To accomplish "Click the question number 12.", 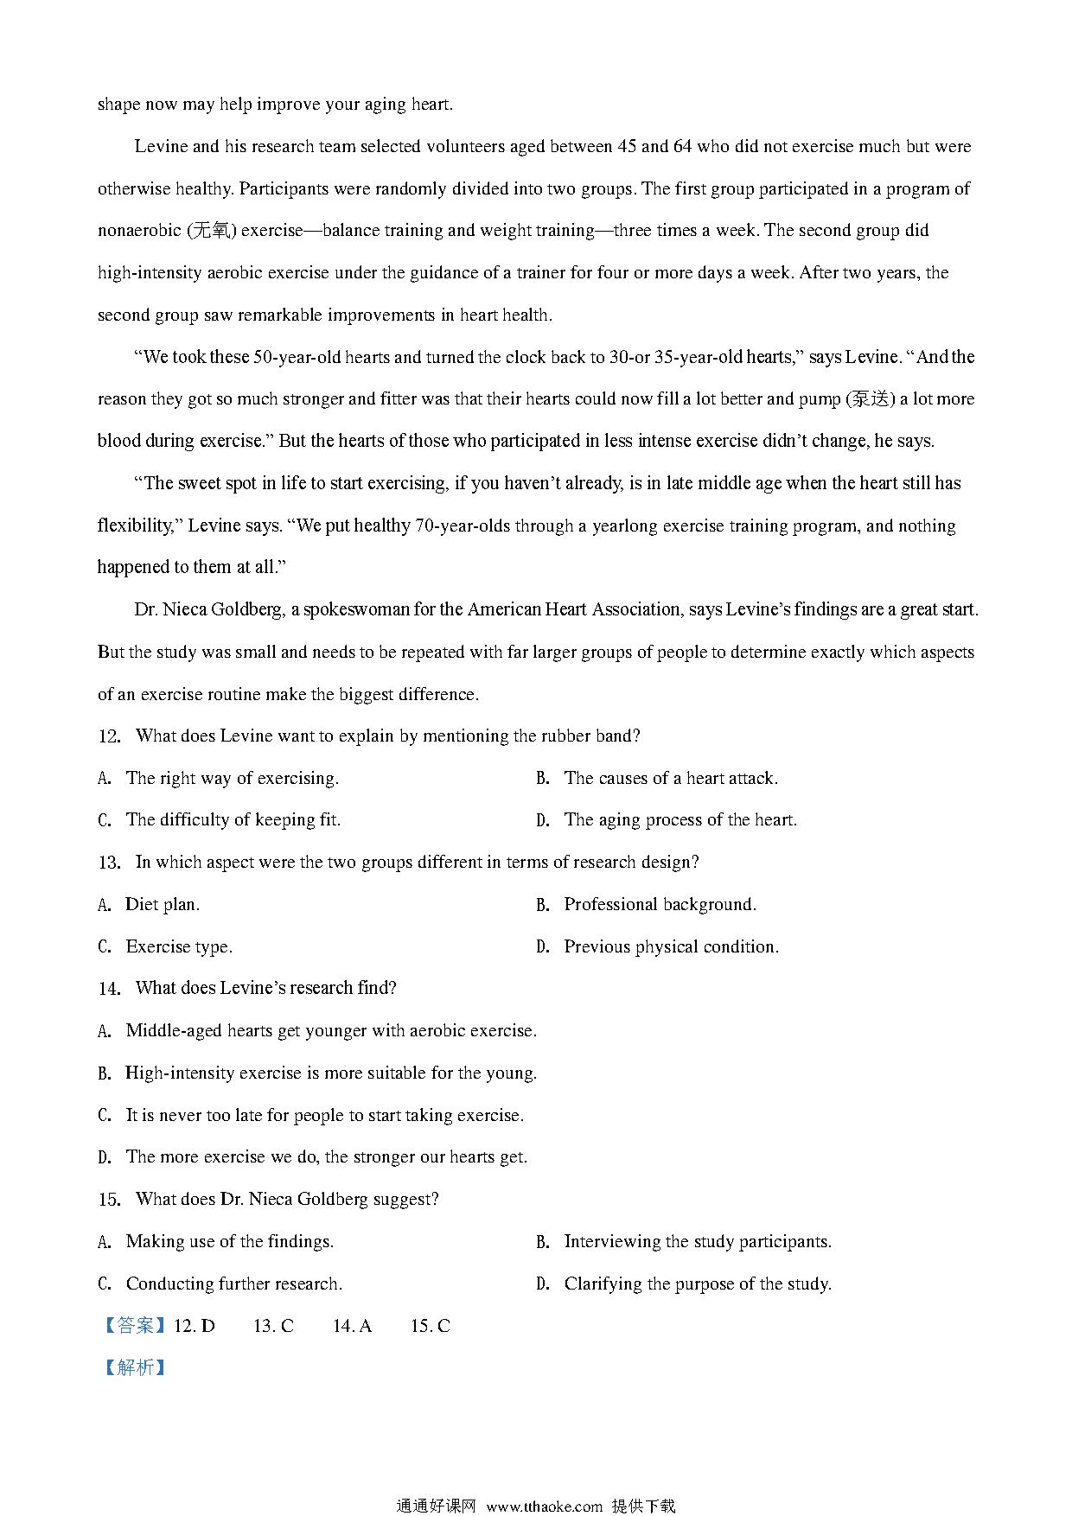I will click(x=109, y=736).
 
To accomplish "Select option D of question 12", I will click(x=680, y=820).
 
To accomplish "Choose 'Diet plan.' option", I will click(x=163, y=905).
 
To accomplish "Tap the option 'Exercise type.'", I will click(x=179, y=947).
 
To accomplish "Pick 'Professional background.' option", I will click(x=660, y=905).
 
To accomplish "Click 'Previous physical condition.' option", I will click(x=671, y=947).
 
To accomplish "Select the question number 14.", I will click(x=109, y=989).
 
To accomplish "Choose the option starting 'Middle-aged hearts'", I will click(x=330, y=1031).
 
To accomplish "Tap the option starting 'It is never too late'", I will click(x=324, y=1116).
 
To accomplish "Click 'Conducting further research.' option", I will click(x=233, y=1284).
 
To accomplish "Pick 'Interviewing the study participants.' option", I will click(x=697, y=1242).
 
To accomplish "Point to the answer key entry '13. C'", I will click(x=273, y=1326).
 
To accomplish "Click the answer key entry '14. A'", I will click(x=352, y=1326).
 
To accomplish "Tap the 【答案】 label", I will click(x=134, y=1326).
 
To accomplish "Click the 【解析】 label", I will click(x=134, y=1367).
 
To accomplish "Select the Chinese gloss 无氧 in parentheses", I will click(x=211, y=231).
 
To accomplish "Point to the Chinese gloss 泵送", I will click(x=869, y=399).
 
